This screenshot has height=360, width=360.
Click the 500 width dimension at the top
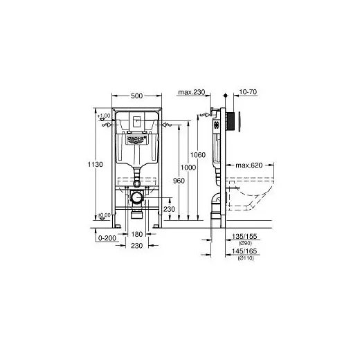pyautogui.click(x=136, y=96)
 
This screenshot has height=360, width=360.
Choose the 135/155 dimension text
pyautogui.click(x=246, y=235)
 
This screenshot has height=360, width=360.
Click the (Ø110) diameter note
pyautogui.click(x=246, y=258)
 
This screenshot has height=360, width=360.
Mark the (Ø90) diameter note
pyautogui.click(x=246, y=242)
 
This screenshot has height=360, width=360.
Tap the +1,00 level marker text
pyautogui.click(x=105, y=116)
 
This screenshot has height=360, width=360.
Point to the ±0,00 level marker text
pyautogui.click(x=105, y=215)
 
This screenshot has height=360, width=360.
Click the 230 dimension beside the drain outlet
pyautogui.click(x=168, y=209)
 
